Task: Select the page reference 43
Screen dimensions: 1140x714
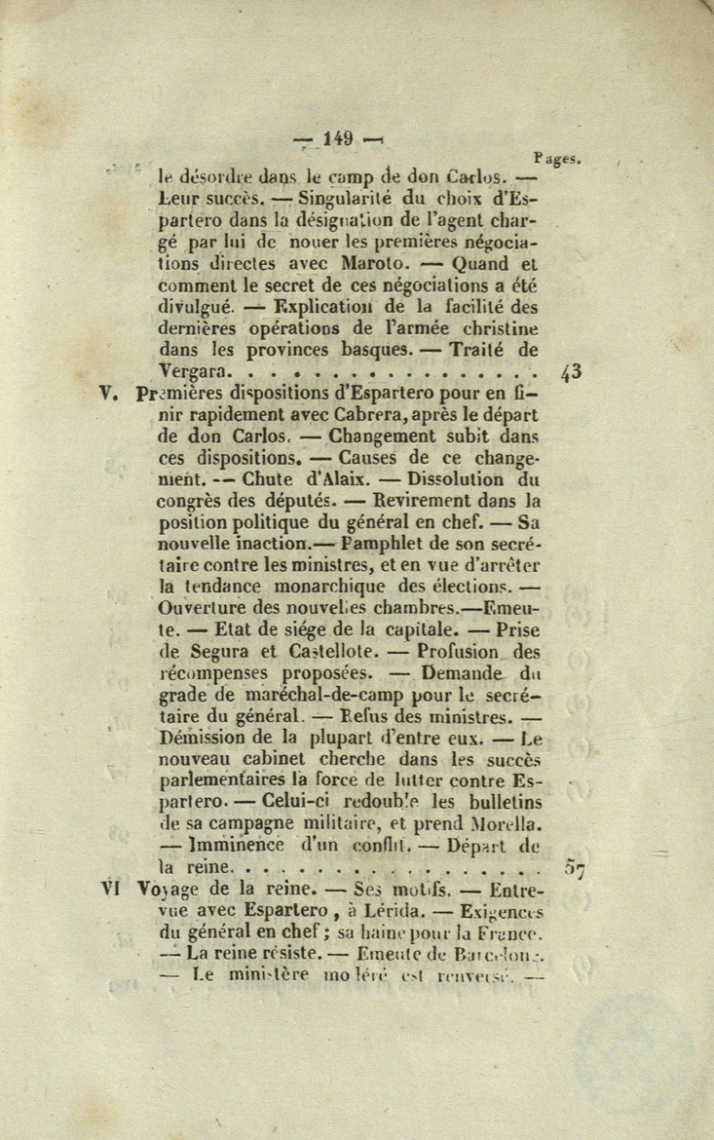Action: point(572,371)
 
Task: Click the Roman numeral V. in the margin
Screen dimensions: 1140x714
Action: point(109,395)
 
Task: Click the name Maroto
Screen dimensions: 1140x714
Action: point(377,263)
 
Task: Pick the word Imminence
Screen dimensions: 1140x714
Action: point(237,846)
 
